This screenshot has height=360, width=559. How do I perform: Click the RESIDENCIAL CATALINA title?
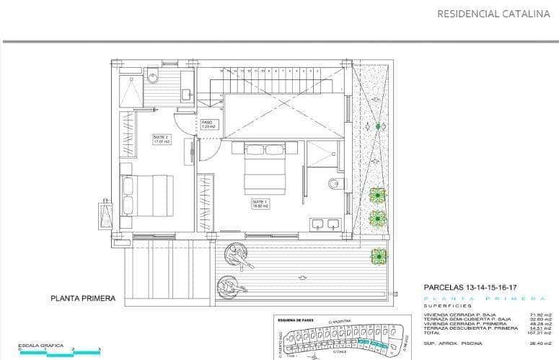[x=493, y=13]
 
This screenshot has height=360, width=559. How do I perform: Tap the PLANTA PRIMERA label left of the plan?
[x=83, y=298]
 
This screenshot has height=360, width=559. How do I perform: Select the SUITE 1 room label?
[x=260, y=203]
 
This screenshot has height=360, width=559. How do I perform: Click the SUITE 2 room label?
[x=162, y=139]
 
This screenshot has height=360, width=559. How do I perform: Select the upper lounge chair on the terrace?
[x=238, y=256]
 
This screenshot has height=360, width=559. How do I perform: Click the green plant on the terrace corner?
[x=378, y=256]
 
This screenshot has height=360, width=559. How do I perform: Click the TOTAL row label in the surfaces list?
[x=433, y=333]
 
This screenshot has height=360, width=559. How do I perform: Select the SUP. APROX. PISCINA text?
[x=453, y=343]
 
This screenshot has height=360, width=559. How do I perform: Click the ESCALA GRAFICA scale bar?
[x=59, y=352]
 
